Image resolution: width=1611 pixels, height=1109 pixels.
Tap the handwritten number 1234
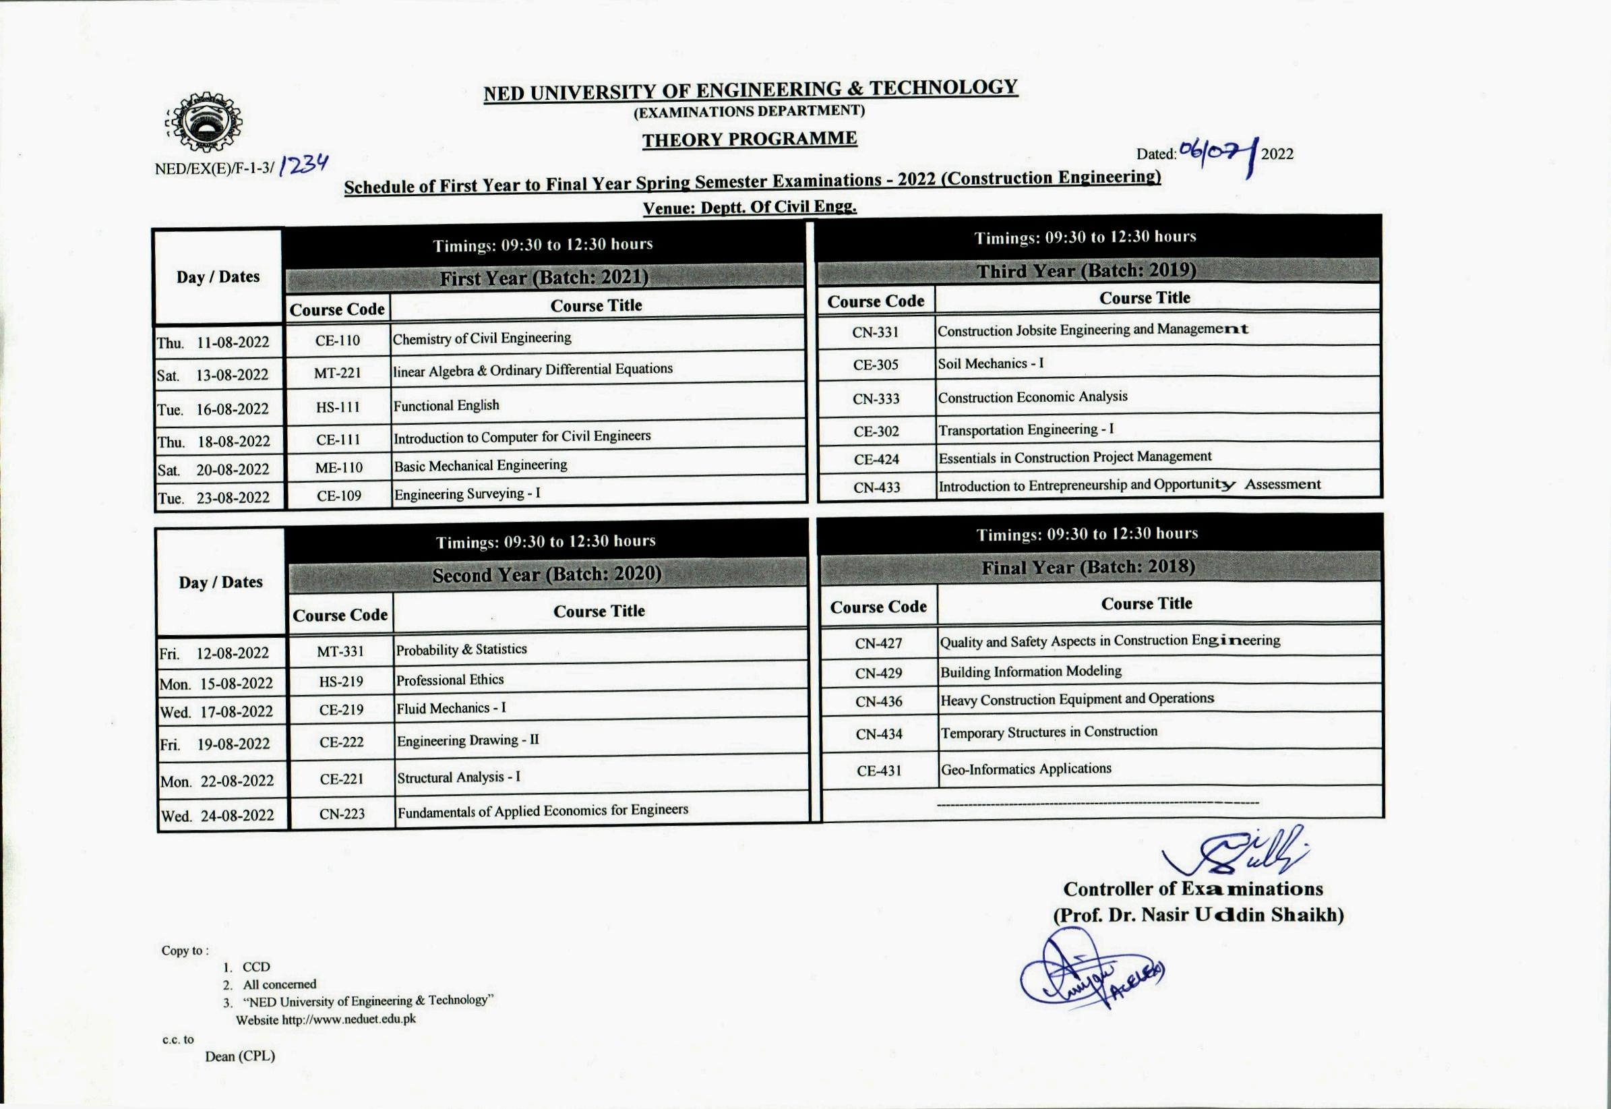click(303, 165)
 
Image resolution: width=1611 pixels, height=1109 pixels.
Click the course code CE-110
click(338, 340)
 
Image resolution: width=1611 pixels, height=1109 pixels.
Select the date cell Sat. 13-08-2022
click(213, 376)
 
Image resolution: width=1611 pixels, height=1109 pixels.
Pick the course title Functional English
click(446, 405)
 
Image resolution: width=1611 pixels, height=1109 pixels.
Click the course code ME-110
click(338, 468)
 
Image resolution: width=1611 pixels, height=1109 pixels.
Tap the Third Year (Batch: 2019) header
click(1087, 270)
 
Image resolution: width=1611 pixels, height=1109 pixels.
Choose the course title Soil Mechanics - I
click(990, 363)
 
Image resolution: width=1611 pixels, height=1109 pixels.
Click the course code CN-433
click(877, 487)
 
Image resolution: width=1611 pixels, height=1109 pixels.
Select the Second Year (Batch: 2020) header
click(547, 574)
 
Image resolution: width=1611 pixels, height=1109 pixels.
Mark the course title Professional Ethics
click(450, 680)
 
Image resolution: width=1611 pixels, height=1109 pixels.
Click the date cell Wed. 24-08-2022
click(218, 815)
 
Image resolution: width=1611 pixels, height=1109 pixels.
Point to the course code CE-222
click(341, 742)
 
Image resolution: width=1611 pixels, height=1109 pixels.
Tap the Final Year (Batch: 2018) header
click(1088, 568)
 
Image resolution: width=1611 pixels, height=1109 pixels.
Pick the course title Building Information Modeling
click(1031, 671)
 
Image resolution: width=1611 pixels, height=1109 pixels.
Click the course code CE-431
click(879, 771)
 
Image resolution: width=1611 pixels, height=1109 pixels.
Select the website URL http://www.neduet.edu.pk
click(348, 1019)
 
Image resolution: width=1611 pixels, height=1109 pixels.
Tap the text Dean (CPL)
click(240, 1056)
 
